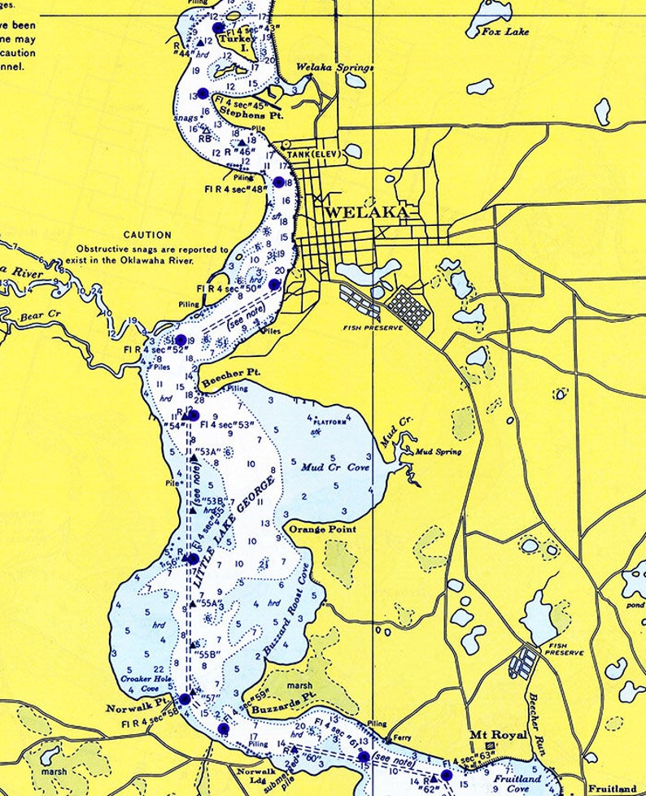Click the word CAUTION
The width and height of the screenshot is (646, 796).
pos(147,235)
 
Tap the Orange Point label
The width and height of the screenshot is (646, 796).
pos(323,528)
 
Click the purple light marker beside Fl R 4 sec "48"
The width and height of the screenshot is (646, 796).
pos(279,182)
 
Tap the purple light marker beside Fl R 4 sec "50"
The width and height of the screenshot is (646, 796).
pos(274,285)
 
